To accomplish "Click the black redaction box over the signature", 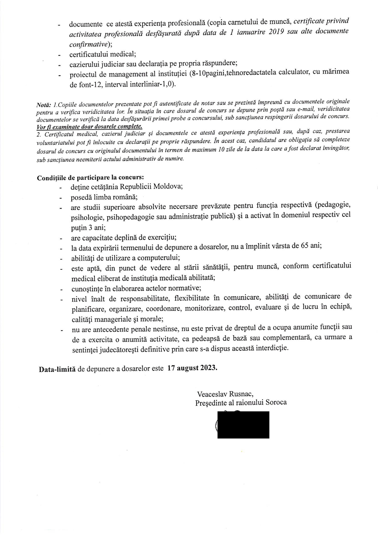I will pos(243,425).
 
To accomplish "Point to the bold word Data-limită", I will pos(57,369).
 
